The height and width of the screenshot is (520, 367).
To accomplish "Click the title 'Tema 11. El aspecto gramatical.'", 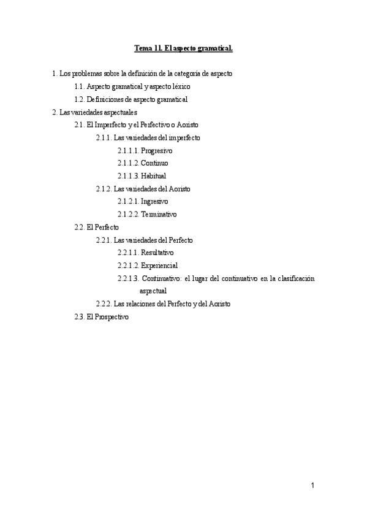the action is pos(183,47).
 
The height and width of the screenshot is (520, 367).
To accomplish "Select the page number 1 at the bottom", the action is pos(312,486).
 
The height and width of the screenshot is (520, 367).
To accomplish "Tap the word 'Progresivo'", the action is pos(157,150).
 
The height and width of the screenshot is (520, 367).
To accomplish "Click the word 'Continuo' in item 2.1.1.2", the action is pos(154,163).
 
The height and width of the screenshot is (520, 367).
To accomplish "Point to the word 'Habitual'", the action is pos(153,176).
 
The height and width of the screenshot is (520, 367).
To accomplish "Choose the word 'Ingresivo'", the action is pos(154,202).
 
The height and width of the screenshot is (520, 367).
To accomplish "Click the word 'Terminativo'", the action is pos(159,215).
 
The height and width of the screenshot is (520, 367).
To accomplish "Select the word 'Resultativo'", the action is pos(157,253).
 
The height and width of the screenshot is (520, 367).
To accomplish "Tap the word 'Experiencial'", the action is pos(159,266).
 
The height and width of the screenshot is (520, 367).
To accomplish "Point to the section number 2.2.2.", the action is pos(104,304).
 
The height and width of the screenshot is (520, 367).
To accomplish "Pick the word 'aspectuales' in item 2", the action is pos(118,112).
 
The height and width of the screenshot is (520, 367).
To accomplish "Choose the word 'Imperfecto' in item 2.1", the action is pos(114,125).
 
